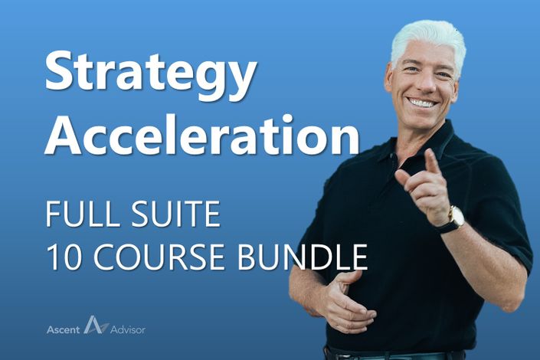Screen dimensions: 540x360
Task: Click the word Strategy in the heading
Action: (x=150, y=75)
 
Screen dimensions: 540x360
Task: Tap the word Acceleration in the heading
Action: (x=202, y=134)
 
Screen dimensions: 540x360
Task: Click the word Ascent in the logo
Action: (x=63, y=329)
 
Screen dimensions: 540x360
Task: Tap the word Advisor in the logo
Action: (x=128, y=329)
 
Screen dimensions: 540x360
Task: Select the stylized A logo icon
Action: (x=96, y=325)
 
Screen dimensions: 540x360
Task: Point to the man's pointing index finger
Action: (x=432, y=162)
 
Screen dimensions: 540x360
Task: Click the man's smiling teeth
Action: (x=423, y=103)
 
